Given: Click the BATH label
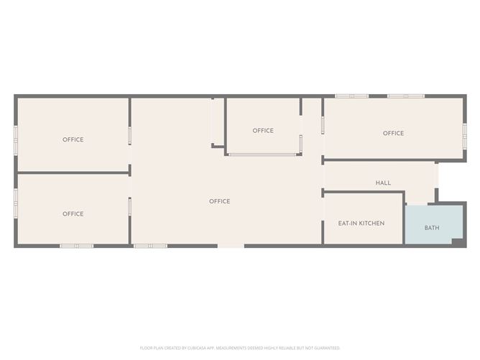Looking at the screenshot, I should click(432, 228).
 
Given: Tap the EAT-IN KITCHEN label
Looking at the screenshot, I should click(361, 223).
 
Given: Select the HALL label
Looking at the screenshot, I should click(383, 183).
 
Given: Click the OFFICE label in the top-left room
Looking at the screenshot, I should click(73, 140).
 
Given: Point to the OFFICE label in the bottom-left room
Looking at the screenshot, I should click(73, 214).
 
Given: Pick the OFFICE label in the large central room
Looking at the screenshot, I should click(219, 202).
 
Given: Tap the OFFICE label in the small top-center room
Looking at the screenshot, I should click(263, 131).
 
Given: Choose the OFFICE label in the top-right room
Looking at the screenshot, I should click(393, 134).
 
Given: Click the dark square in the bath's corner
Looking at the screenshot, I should click(456, 241).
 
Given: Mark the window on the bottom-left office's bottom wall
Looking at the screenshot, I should click(76, 246).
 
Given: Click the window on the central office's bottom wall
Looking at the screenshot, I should click(150, 246).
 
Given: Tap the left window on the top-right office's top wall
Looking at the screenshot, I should click(352, 96).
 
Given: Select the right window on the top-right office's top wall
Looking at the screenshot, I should click(406, 96).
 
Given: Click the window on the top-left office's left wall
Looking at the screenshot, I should click(16, 140).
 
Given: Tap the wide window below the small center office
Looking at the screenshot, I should click(262, 154).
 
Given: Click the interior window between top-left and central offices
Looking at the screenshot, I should click(130, 136).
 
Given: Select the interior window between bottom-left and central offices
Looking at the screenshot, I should click(130, 207).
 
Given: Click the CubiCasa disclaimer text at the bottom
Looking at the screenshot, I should click(240, 347).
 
